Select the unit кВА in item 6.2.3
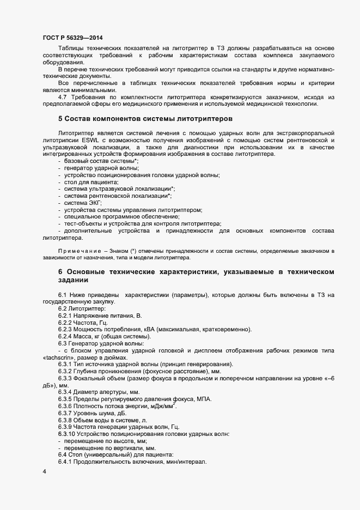147,330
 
